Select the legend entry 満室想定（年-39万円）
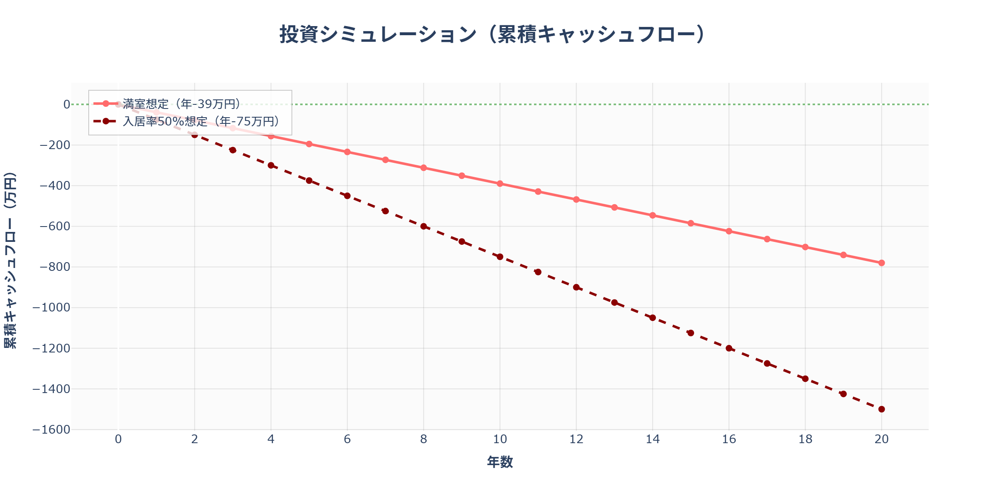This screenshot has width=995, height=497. tap(182, 104)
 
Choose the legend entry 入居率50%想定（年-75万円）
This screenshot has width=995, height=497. tap(201, 121)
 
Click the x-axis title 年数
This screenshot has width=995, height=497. tap(500, 462)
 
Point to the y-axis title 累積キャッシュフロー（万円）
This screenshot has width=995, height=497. tap(10, 260)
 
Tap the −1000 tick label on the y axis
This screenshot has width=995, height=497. tap(51, 308)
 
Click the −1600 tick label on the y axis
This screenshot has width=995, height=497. tap(51, 429)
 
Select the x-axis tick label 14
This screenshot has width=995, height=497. tap(653, 439)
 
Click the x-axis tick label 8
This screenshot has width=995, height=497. tap(423, 439)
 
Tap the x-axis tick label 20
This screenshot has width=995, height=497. tap(881, 439)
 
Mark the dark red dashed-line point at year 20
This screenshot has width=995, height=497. tap(881, 409)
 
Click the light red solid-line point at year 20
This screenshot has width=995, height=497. tap(881, 263)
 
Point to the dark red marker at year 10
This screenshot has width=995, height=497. tap(500, 257)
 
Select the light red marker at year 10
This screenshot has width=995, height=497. tap(500, 183)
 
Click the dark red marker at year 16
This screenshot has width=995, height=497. tap(729, 348)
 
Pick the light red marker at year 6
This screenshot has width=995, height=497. tap(347, 152)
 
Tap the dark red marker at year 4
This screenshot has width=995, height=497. tap(271, 165)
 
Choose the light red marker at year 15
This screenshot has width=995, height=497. tap(691, 223)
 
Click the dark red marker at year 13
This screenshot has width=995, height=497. tap(614, 303)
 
